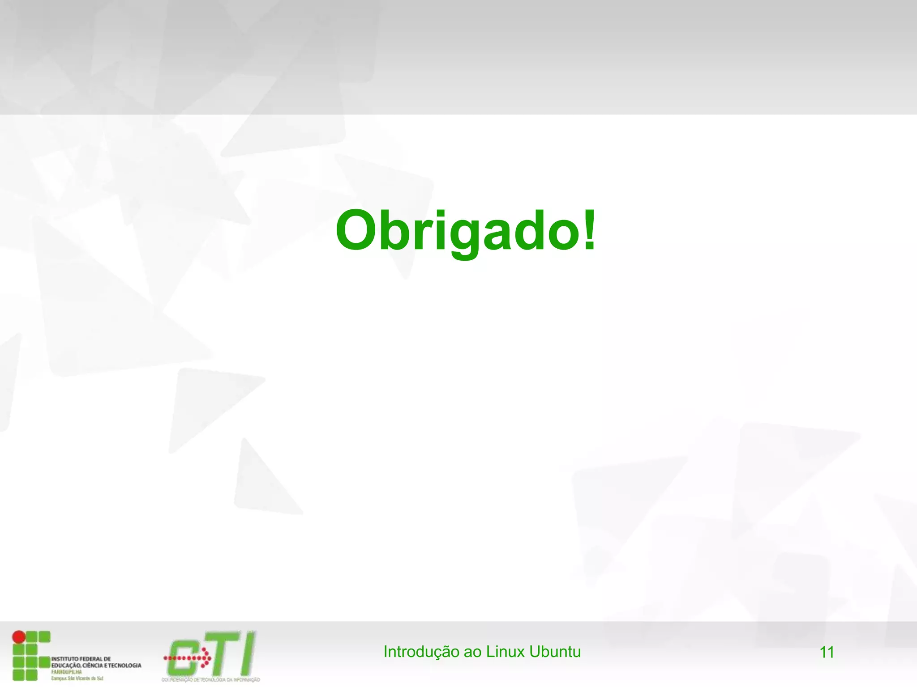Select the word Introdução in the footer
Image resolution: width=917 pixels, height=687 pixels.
(x=421, y=652)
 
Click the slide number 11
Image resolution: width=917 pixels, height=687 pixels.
(x=827, y=653)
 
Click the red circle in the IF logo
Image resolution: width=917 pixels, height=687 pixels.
(x=18, y=636)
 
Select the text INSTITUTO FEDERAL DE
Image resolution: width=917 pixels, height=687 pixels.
(x=81, y=659)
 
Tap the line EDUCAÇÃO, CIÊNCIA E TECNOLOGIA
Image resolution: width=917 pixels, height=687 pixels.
(x=96, y=666)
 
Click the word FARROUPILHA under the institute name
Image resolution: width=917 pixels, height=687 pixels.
(x=66, y=672)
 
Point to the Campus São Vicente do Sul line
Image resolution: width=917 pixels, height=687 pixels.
(x=77, y=679)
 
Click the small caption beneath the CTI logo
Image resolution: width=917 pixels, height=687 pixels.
(x=210, y=680)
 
